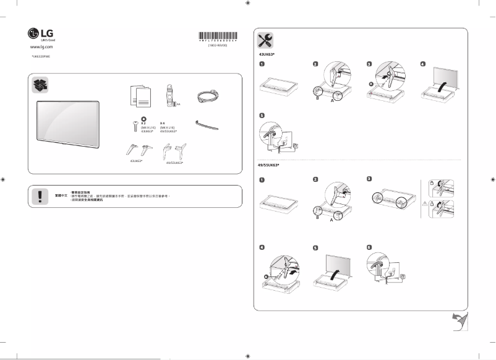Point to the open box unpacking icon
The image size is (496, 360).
point(41,85)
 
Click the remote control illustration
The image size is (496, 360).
point(168,96)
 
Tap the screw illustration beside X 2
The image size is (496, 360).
point(135,126)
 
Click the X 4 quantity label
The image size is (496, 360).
point(163,122)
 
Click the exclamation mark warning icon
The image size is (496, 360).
point(40,195)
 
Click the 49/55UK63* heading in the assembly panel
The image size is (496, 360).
point(268,166)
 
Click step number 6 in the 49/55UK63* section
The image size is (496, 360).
point(369,247)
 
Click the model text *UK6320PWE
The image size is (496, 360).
point(40,56)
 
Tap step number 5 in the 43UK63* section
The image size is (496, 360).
point(262,116)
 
